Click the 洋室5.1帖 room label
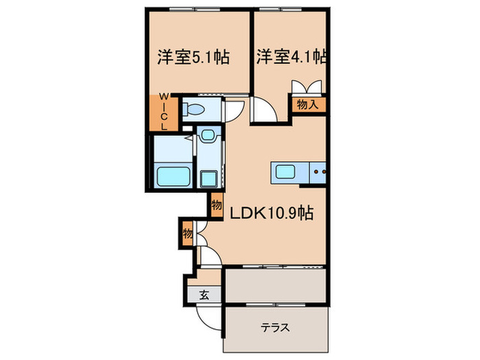coord(193,57)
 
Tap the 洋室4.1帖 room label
coord(291,57)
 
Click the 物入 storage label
coord(307,104)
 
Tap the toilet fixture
coord(193,109)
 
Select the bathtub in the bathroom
coord(171,176)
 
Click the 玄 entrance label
coord(204,296)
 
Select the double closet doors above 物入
coord(306,87)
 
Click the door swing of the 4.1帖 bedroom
coord(262,110)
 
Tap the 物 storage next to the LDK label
coord(217,204)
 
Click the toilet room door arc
coord(232,109)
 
